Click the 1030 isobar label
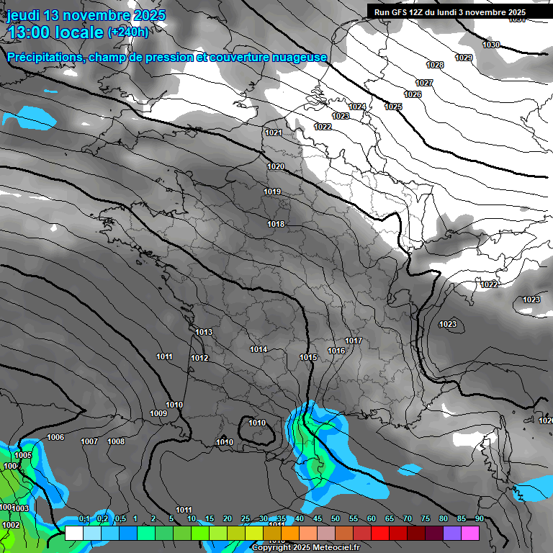pos(491,45)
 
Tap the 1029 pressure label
pos(464,58)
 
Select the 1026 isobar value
pos(413,95)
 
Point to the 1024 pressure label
pos(357,107)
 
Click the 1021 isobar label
pos(274,132)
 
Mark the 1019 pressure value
pos(272,192)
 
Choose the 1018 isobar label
pos(276,224)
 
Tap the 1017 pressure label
pos(354,341)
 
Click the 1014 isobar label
pos(259,350)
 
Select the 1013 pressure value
pos(204,332)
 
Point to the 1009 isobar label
pos(158,413)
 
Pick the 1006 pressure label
pos(55,437)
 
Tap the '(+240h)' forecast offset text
pos(128,32)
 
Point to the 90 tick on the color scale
pos(479,519)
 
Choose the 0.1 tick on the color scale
pos(84,519)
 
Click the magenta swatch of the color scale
pos(470,533)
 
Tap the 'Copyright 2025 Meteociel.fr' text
pos(305,547)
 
